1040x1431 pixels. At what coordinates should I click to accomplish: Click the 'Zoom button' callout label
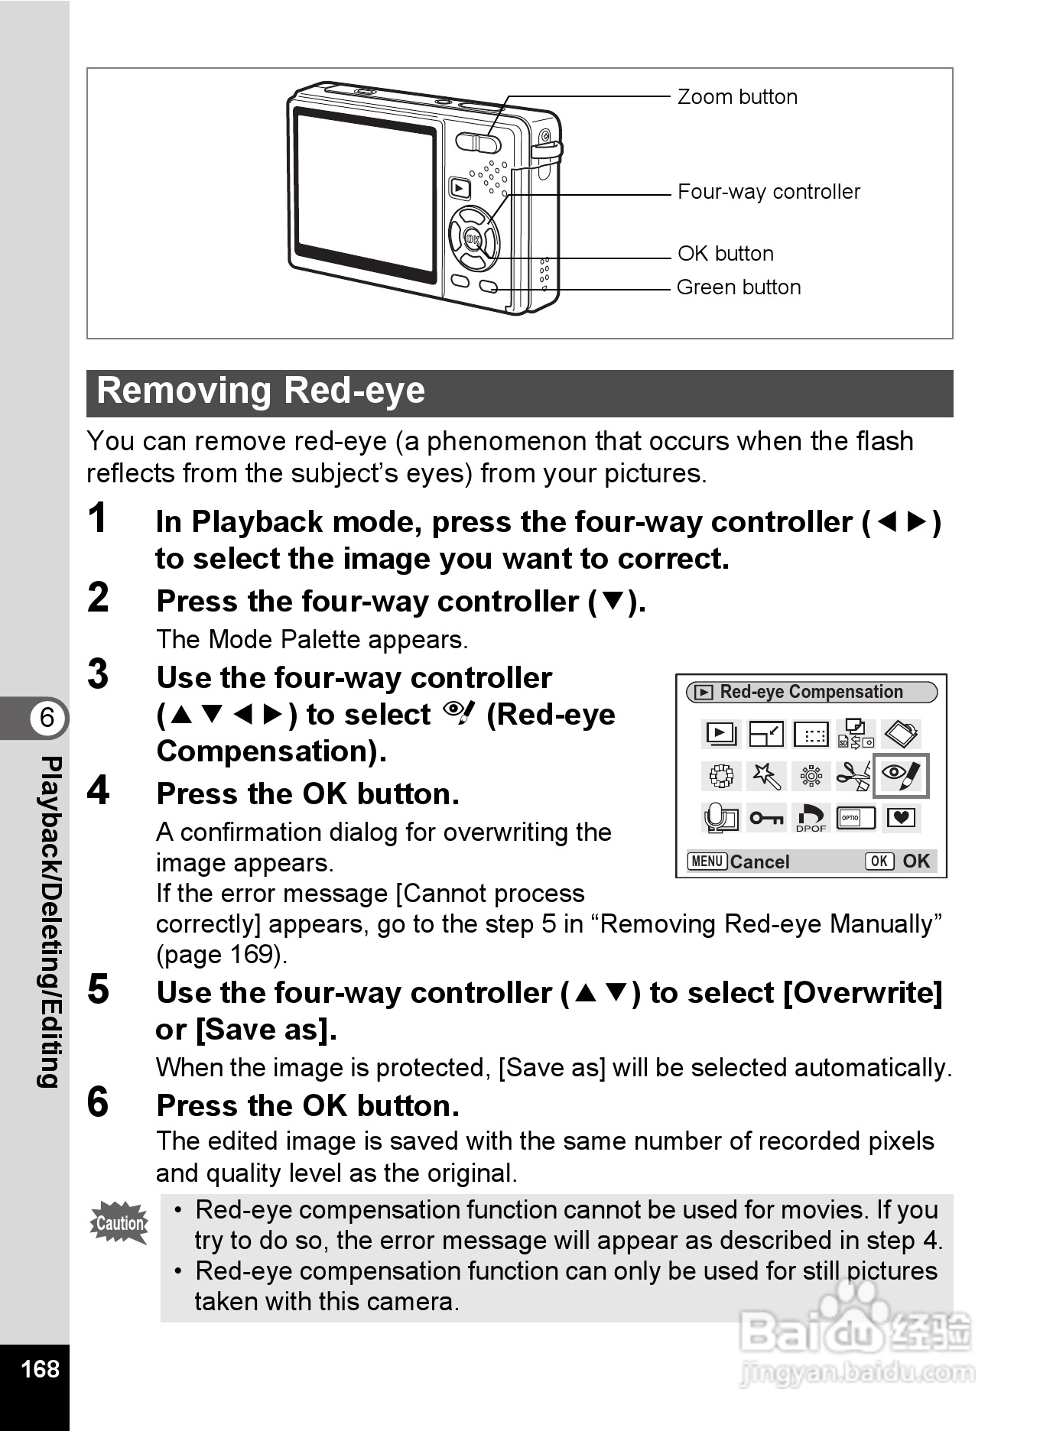[x=737, y=97]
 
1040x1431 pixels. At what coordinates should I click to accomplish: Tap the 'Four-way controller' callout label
[x=769, y=192]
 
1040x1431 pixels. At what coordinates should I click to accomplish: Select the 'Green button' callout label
[x=739, y=287]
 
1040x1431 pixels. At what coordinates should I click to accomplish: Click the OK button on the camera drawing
[x=473, y=239]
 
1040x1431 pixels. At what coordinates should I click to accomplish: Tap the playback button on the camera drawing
[x=460, y=188]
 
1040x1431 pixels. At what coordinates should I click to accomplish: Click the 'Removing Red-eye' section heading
[x=261, y=391]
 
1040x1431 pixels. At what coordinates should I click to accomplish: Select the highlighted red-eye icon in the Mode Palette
[x=901, y=776]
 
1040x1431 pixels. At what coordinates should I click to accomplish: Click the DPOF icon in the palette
[x=811, y=818]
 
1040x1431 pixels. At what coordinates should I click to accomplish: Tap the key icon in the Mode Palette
[x=765, y=818]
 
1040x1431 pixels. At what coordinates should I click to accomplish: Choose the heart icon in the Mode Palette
[x=901, y=818]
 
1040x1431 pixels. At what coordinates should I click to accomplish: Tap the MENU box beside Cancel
[x=707, y=862]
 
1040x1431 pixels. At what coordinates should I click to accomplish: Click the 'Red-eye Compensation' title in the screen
[x=811, y=692]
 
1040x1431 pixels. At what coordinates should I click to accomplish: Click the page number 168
[x=40, y=1368]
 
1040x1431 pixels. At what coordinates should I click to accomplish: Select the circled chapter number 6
[x=47, y=718]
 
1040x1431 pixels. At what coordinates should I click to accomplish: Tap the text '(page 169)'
[x=222, y=955]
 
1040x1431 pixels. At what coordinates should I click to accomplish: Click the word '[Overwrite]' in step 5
[x=863, y=993]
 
